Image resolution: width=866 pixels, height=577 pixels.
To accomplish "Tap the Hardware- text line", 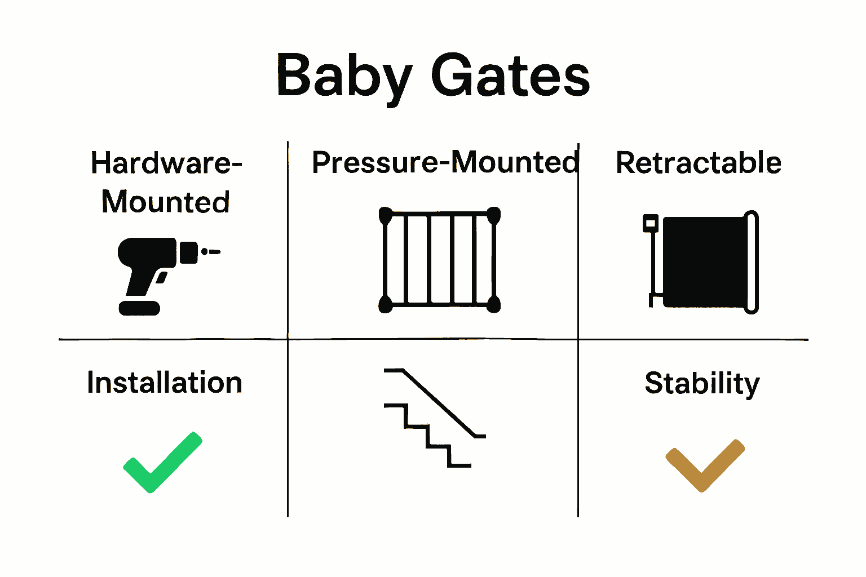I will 166,163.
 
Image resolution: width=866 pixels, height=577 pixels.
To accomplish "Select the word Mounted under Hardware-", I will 166,202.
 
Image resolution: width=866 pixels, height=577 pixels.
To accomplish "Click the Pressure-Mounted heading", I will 445,162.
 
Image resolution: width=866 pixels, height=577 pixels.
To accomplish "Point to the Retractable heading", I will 698,163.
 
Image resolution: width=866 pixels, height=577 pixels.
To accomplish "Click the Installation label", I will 165,383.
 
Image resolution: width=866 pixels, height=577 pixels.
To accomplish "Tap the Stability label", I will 702,384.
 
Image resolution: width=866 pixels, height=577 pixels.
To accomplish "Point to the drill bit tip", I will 214,252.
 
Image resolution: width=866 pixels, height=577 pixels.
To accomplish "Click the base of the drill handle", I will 139,308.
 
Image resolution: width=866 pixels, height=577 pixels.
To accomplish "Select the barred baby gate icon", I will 439,260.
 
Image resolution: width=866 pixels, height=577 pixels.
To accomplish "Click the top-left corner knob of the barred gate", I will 386,214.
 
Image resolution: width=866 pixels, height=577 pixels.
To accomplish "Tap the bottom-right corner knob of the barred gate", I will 493,305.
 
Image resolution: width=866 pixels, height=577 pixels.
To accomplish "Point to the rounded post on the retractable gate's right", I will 752,262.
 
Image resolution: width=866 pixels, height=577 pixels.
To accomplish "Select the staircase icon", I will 434,417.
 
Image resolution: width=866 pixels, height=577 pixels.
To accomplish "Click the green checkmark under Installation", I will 162,462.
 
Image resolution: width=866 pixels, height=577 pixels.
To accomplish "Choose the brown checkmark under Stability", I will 705,465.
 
